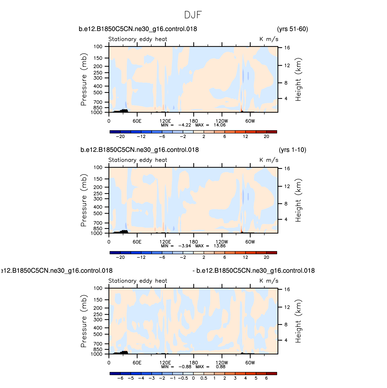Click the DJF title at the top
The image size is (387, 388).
coord(193,15)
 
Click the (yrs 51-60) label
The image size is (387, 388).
coord(293,29)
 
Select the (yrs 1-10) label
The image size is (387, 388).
coord(293,150)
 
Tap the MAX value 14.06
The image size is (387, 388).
coord(220,125)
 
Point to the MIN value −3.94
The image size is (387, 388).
coord(184,246)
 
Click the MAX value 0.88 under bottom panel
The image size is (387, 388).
coord(221,367)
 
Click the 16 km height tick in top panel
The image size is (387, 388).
coord(287,48)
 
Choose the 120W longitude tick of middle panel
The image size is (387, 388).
coord(222,242)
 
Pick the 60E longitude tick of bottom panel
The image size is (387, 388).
coord(137,363)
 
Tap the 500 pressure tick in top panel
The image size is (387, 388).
coord(98,93)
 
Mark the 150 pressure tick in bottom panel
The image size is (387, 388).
coord(98,300)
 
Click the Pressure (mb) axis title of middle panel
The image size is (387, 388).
coord(84,200)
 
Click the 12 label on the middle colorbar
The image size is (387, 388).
coord(245,257)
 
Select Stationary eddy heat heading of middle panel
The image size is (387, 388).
coord(138,160)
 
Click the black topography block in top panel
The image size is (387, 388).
coord(121,111)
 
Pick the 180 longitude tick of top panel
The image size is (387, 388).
coord(193,121)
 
